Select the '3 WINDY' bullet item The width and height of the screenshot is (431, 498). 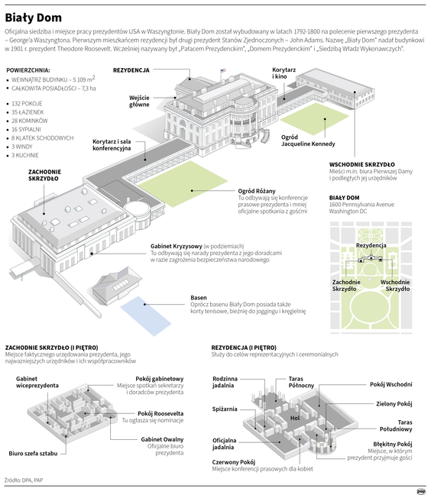24,146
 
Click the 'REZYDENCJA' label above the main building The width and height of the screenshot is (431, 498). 131,70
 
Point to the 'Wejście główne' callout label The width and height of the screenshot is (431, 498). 139,101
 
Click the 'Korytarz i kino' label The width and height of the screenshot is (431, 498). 284,73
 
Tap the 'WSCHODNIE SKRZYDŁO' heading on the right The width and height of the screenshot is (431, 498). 361,164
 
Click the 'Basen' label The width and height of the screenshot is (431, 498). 199,297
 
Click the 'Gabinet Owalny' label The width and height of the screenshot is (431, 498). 162,439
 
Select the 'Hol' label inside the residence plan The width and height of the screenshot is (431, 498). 294,418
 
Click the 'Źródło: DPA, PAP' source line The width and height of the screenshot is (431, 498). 23,480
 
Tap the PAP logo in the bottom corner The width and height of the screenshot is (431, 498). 420,491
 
